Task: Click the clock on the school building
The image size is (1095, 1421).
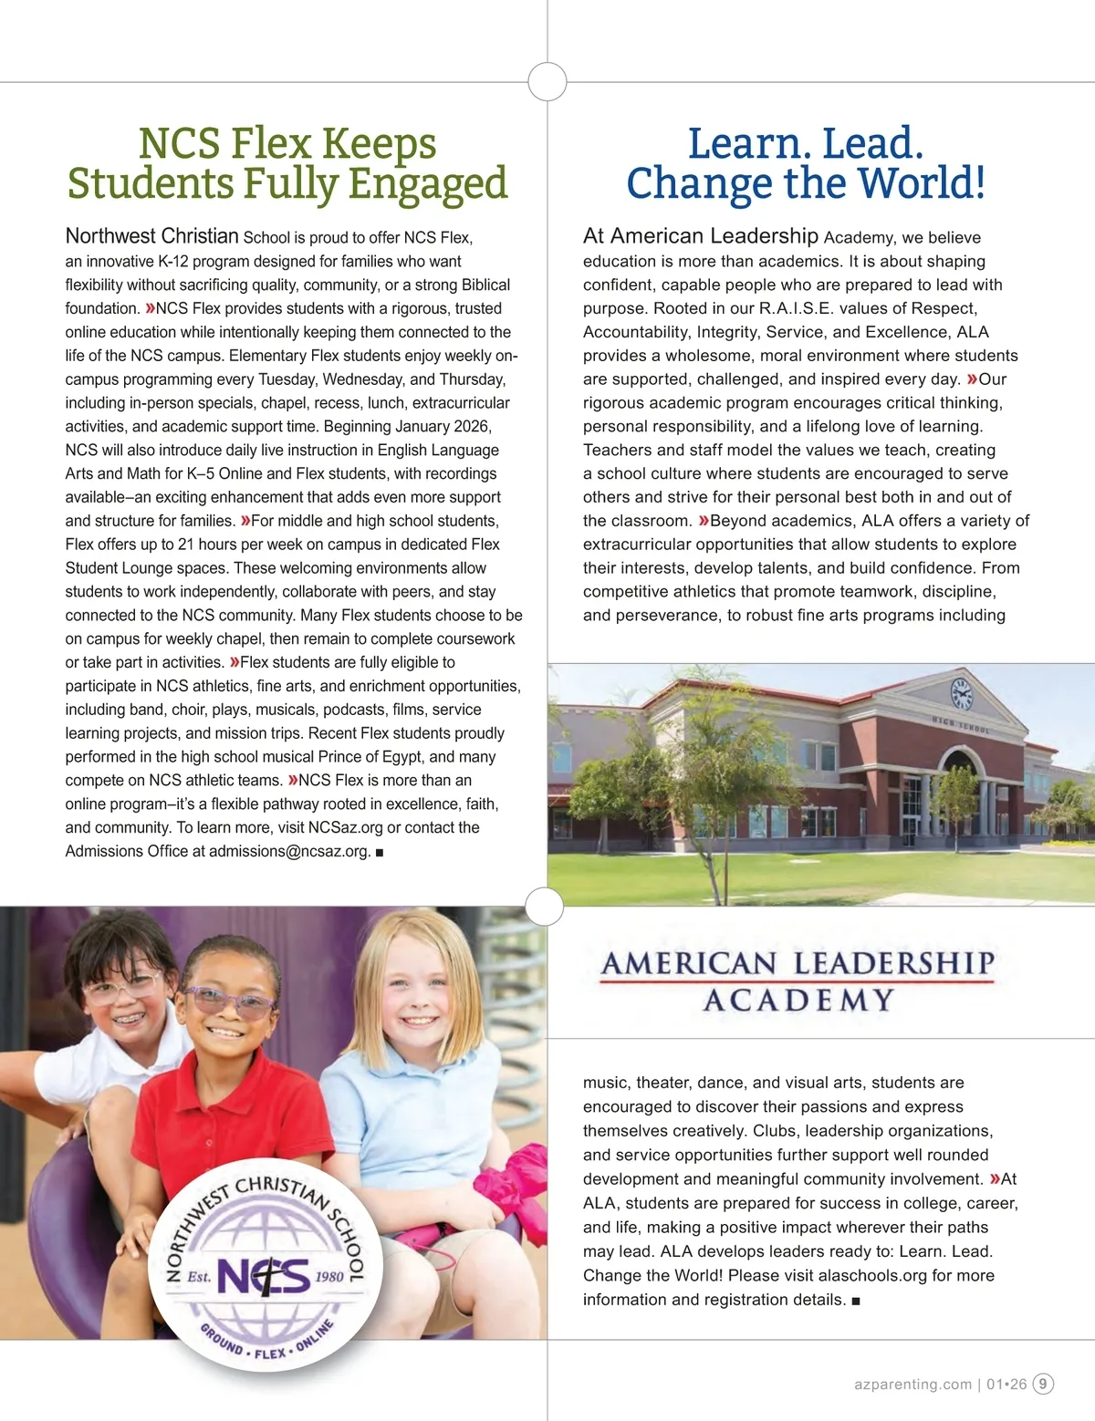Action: pyautogui.click(x=961, y=695)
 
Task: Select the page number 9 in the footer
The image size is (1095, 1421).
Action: pyautogui.click(x=1043, y=1384)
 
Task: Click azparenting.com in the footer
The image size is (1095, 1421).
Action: pyautogui.click(x=912, y=1385)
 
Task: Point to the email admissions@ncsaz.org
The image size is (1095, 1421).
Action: pyautogui.click(x=289, y=851)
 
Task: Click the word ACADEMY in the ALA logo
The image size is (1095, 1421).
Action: pyautogui.click(x=798, y=1001)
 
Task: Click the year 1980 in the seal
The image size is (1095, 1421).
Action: pyautogui.click(x=329, y=1276)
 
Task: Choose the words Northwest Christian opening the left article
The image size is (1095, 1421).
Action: pyautogui.click(x=151, y=236)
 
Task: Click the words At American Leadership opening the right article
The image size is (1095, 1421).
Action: pyautogui.click(x=700, y=236)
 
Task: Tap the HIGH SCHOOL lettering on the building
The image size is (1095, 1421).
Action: pyautogui.click(x=960, y=727)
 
